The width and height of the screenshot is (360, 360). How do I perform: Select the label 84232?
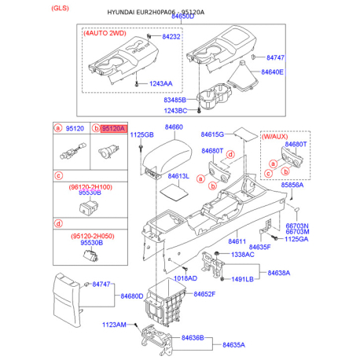coord(171,37)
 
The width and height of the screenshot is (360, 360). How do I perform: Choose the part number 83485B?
coord(175,100)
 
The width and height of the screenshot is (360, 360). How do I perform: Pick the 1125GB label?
coord(141,135)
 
